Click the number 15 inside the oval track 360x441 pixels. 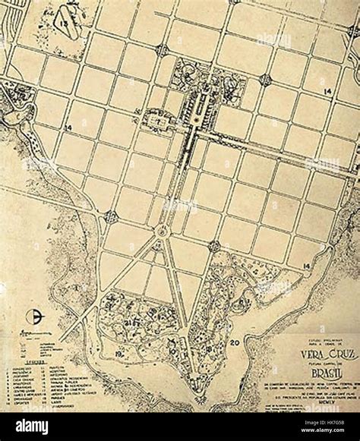(x=68, y=23)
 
